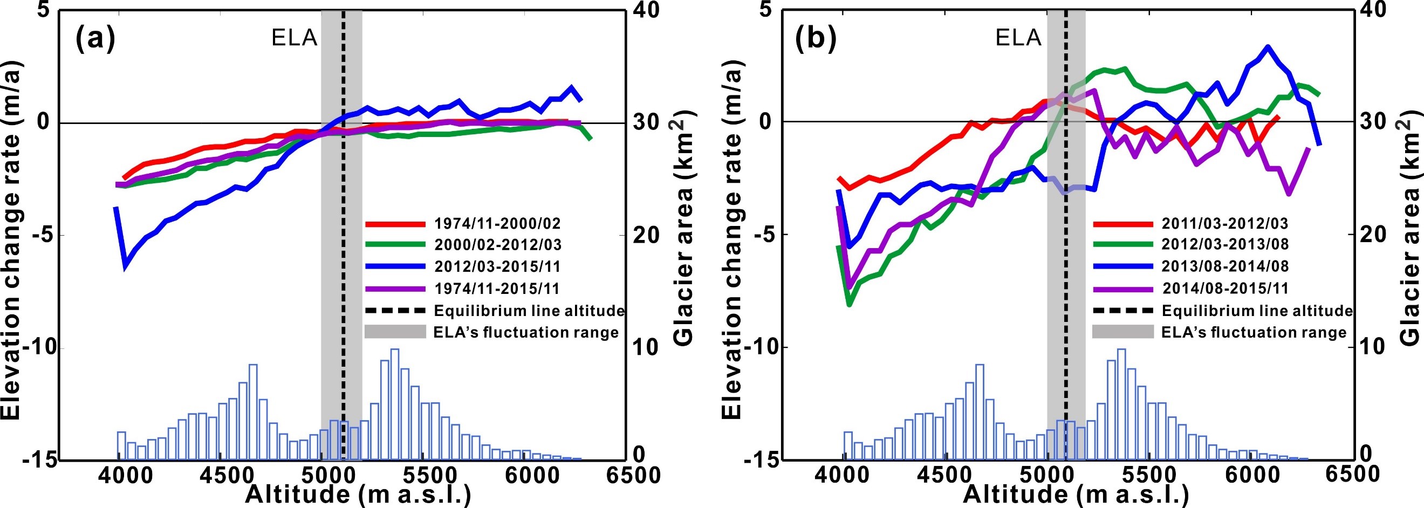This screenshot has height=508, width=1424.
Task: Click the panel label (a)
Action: pos(95,39)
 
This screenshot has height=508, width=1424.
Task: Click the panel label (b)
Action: pos(816,39)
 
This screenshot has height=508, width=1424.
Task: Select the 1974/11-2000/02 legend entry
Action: pos(497,224)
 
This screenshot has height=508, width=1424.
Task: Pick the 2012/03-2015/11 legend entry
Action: pos(497,266)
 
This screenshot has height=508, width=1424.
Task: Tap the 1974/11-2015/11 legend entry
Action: pos(497,288)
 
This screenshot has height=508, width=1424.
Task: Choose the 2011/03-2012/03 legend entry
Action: pos(1224,224)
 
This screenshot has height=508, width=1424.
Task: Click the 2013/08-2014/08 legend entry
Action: pos(1224,266)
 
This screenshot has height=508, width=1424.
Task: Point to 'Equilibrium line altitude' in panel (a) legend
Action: pos(529,311)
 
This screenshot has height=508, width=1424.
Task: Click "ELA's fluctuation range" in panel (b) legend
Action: pos(1254,332)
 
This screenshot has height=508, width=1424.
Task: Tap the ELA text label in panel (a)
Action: pos(294,38)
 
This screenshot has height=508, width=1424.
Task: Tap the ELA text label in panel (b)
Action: pos(1018,38)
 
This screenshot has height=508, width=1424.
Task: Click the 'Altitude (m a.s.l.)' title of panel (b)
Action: pos(1075,494)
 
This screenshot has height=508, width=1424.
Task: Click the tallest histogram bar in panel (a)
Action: pos(394,403)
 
